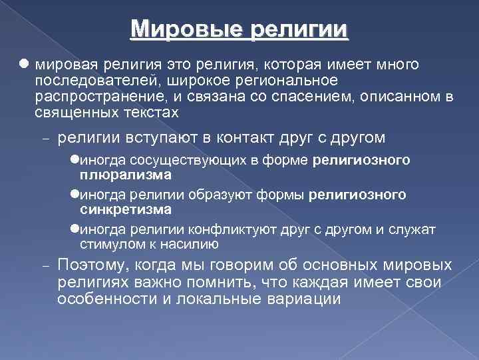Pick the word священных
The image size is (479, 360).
[71, 113]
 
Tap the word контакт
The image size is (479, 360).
[251, 138]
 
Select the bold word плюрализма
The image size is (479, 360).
[126, 175]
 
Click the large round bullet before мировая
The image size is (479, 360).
[24, 65]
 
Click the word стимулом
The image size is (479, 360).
[105, 244]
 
